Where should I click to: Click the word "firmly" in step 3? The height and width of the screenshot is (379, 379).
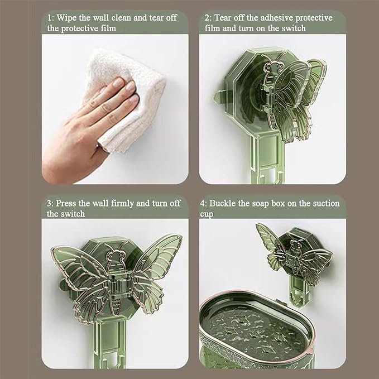click(x=122, y=204)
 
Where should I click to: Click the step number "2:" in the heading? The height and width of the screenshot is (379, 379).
click(x=208, y=18)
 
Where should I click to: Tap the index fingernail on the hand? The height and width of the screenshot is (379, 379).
click(x=119, y=83)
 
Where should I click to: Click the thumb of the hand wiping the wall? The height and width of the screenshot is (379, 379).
click(x=102, y=147)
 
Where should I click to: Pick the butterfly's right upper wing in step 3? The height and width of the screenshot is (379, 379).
click(x=157, y=256)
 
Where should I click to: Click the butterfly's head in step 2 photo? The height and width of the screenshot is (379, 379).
click(x=272, y=67)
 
